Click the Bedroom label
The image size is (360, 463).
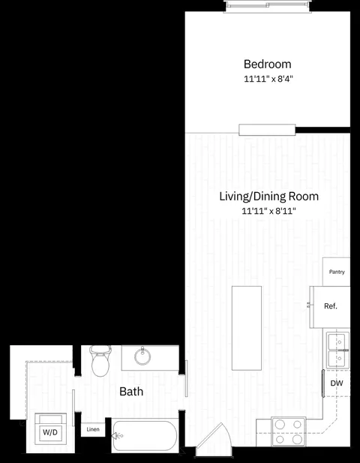pos(267,65)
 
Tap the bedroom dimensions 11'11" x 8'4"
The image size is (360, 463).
pos(268,79)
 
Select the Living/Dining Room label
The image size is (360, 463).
pos(268,197)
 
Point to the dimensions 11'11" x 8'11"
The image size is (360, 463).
pos(268,211)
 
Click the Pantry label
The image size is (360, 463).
pos(337,272)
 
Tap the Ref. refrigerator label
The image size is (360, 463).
pos(331,306)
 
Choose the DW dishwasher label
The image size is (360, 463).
pos(337,383)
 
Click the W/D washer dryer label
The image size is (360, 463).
pos(50,432)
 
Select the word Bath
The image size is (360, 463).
pos(131,392)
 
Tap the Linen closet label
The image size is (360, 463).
pos(93,429)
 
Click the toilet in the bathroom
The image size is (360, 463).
pos(100,361)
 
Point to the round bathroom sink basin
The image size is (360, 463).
pos(142,356)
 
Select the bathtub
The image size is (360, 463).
pos(145,435)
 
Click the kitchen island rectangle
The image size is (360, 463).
pos(247,328)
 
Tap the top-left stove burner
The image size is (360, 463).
pos(280,425)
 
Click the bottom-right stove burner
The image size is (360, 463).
pos(297,439)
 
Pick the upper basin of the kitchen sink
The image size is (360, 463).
pos(337,341)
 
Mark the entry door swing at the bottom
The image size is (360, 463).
pos(214,437)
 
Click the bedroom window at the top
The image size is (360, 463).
pos(267,5)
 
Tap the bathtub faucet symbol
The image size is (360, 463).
pos(117,436)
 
